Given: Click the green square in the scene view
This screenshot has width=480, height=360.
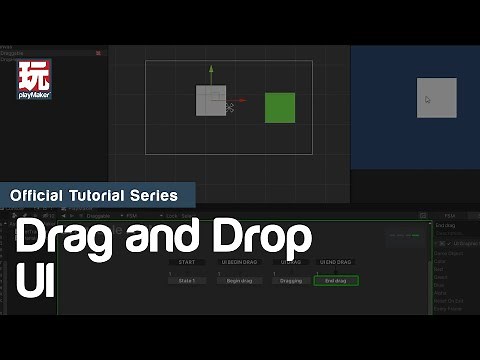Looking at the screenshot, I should pos(280,107).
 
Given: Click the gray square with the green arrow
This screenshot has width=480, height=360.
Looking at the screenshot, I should pos(211,101).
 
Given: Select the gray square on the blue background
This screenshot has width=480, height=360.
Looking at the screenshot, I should pos(437,98).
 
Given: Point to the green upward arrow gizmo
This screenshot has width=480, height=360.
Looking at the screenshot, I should pos(211,72).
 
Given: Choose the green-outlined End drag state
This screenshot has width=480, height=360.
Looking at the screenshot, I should pos(335,281).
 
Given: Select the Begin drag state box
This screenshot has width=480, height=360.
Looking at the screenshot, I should pos(240,281).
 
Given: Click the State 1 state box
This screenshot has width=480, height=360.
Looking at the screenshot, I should pos(186,281).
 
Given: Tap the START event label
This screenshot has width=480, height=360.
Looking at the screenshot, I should pos(186,262).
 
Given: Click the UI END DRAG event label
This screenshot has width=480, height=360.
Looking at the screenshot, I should pos(335,262).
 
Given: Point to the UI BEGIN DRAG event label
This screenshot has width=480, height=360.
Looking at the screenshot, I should pos(240,262).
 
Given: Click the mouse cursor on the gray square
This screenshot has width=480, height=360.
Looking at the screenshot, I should pos(427,99).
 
